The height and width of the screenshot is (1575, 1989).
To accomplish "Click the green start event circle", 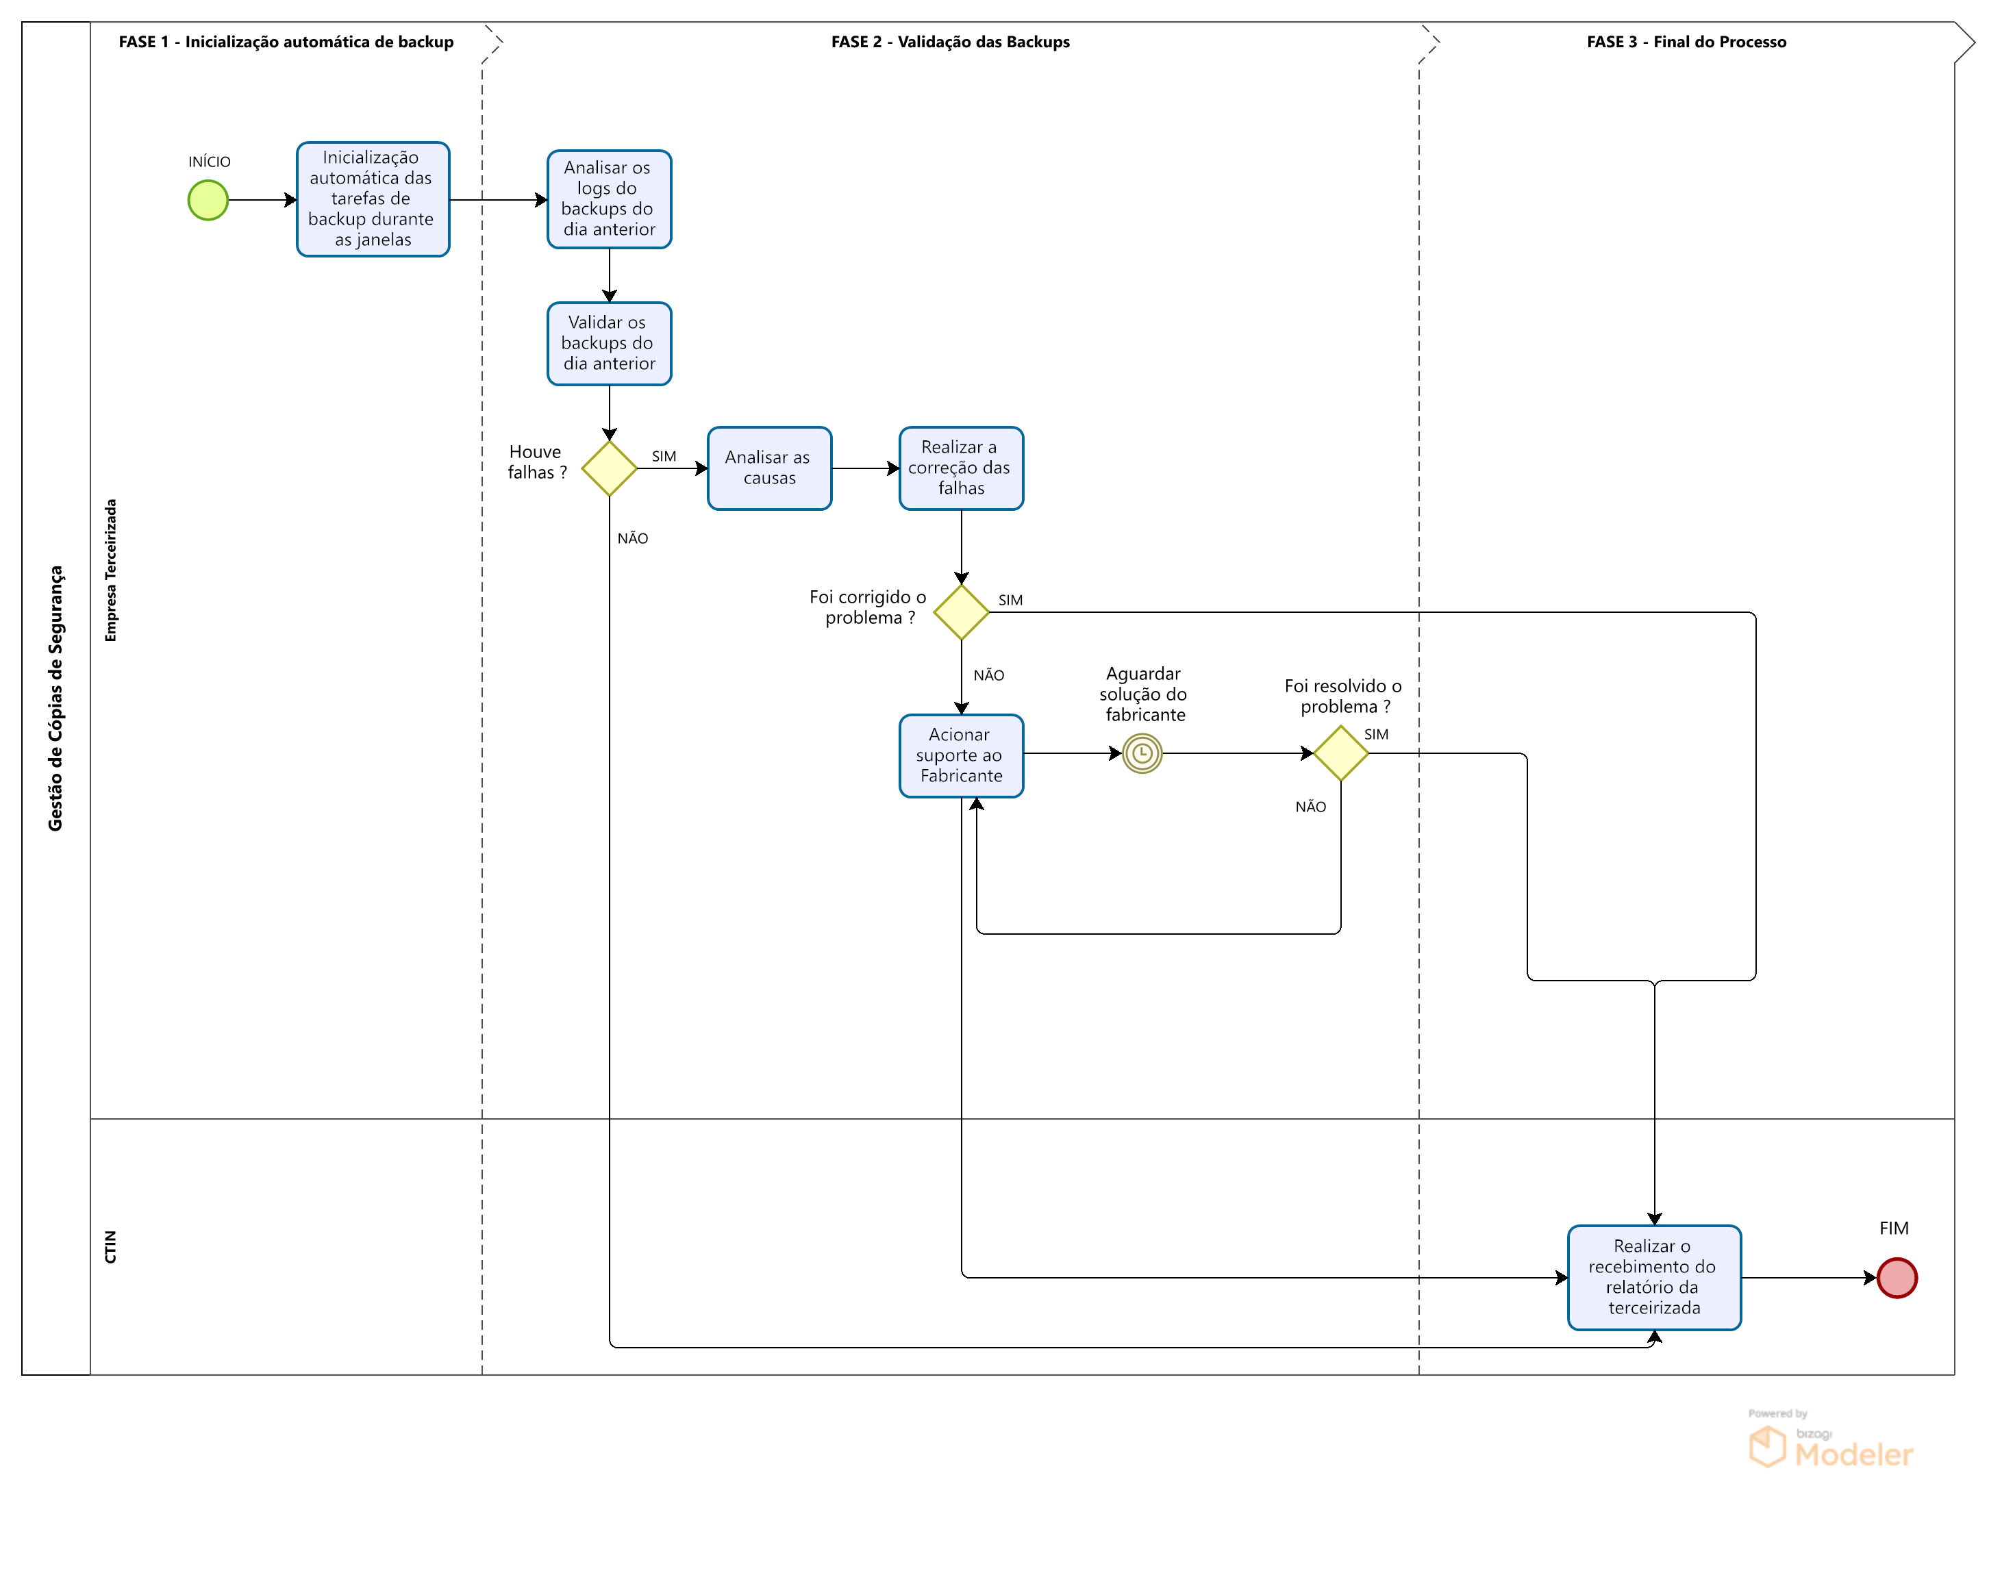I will [x=208, y=200].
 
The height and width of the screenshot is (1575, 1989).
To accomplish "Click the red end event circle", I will [x=1896, y=1277].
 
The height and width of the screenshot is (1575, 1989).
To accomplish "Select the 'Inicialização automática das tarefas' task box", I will [x=373, y=199].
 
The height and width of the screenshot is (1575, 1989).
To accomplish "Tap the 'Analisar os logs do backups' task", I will [x=609, y=199].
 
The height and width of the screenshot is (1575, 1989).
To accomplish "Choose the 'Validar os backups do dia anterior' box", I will [x=609, y=343].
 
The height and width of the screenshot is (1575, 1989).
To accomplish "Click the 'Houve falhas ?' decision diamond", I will [x=609, y=468].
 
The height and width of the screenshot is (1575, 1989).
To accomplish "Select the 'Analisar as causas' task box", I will [x=769, y=468].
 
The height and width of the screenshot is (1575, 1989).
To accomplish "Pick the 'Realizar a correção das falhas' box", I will [x=961, y=468].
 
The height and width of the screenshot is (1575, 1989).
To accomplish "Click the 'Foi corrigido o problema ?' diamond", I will [x=961, y=612].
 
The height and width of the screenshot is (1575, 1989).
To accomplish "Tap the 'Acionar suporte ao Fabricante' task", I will [x=961, y=755].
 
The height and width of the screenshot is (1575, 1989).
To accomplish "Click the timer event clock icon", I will [x=1142, y=753].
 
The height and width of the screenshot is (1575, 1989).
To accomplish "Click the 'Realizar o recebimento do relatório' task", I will [x=1653, y=1277].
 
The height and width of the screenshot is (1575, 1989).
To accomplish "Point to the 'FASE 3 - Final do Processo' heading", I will [x=1686, y=42].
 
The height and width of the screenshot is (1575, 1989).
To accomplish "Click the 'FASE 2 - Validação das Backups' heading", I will [x=950, y=42].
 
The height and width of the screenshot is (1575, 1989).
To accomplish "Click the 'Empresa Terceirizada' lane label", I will [x=111, y=570].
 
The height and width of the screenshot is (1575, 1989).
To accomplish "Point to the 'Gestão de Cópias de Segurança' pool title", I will [x=55, y=698].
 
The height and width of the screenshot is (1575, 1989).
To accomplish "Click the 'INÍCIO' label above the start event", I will [x=210, y=162].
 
